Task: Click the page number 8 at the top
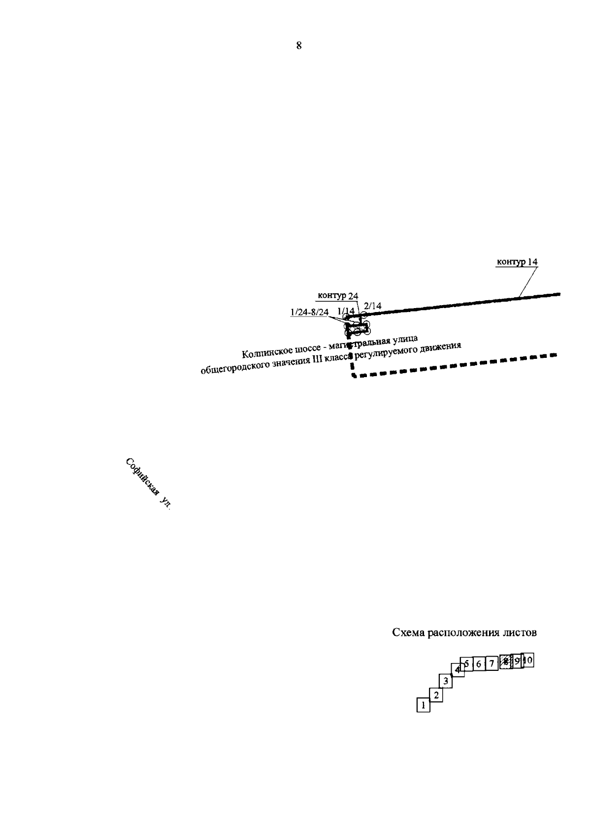pyautogui.click(x=298, y=46)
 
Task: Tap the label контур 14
pyautogui.click(x=517, y=262)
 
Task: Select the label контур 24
pyautogui.click(x=338, y=296)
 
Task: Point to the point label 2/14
pyautogui.click(x=372, y=306)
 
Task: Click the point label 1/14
pyautogui.click(x=346, y=311)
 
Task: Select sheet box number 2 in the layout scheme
pyautogui.click(x=435, y=695)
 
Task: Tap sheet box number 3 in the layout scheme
pyautogui.click(x=446, y=681)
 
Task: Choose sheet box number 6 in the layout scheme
pyautogui.click(x=478, y=664)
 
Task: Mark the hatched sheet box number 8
pyautogui.click(x=505, y=662)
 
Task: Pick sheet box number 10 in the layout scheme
pyautogui.click(x=528, y=660)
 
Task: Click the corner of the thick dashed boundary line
pyautogui.click(x=353, y=375)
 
